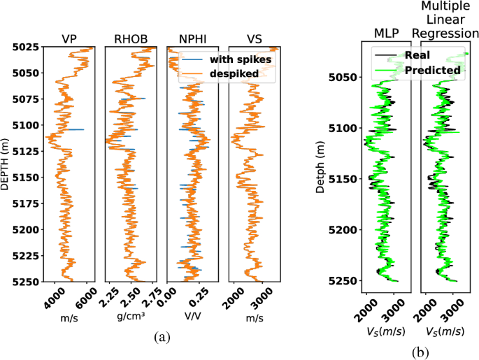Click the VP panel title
coord(70,39)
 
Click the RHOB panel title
coord(131,39)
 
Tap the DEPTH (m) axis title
coord(7,164)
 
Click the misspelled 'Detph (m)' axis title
coord(321,164)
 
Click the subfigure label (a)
coord(162,338)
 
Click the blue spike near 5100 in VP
coord(78,129)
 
